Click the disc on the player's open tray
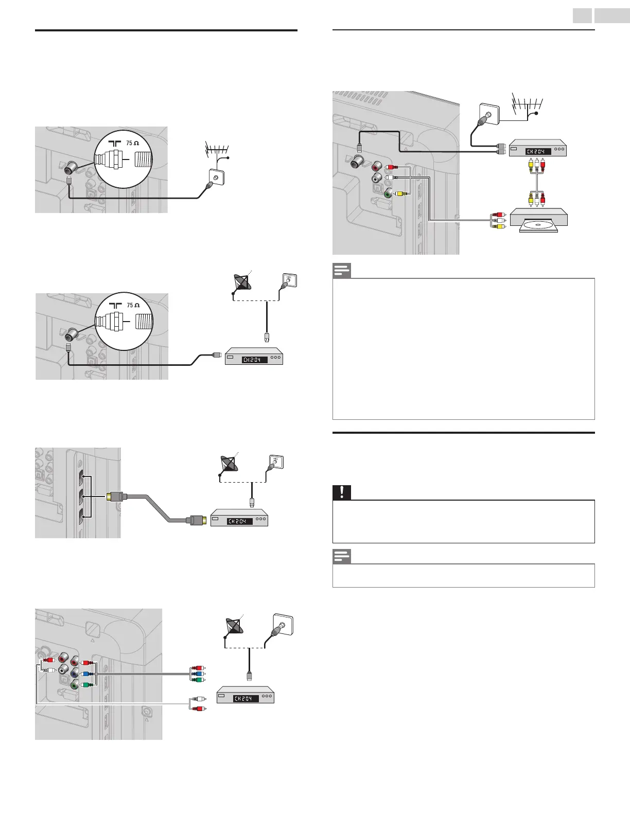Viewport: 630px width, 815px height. click(538, 225)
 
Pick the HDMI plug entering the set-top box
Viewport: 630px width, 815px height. click(199, 520)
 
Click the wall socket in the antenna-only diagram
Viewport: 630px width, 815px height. click(215, 178)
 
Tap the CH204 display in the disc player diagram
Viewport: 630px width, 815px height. click(538, 151)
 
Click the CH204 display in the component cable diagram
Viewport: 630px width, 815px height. click(246, 698)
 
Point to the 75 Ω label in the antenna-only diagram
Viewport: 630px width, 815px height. click(132, 144)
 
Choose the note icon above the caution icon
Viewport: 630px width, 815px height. click(341, 270)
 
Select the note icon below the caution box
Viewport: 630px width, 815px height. click(341, 556)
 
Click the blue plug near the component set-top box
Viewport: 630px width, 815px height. click(195, 673)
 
